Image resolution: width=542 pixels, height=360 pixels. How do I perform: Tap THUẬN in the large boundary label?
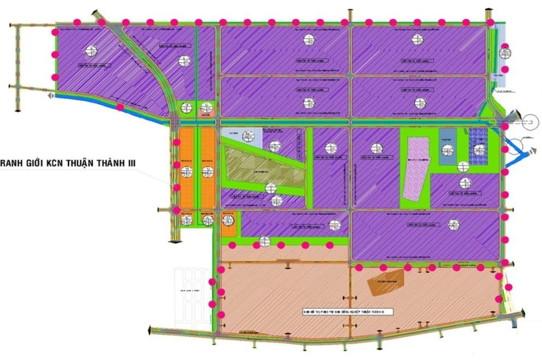click(x=81, y=163)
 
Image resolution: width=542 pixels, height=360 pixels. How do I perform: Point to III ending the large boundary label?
click(x=130, y=163)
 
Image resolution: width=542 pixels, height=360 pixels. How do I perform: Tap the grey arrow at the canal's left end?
click(x=50, y=95)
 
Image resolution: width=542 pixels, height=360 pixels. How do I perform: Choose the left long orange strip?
click(x=187, y=167)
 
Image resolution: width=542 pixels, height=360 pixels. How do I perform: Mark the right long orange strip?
click(x=207, y=167)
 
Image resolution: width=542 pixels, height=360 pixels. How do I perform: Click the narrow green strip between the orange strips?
click(x=197, y=167)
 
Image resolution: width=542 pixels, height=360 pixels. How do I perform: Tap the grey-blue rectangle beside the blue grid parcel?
click(x=447, y=146)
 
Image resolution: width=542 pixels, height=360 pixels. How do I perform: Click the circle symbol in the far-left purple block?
click(x=91, y=51)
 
